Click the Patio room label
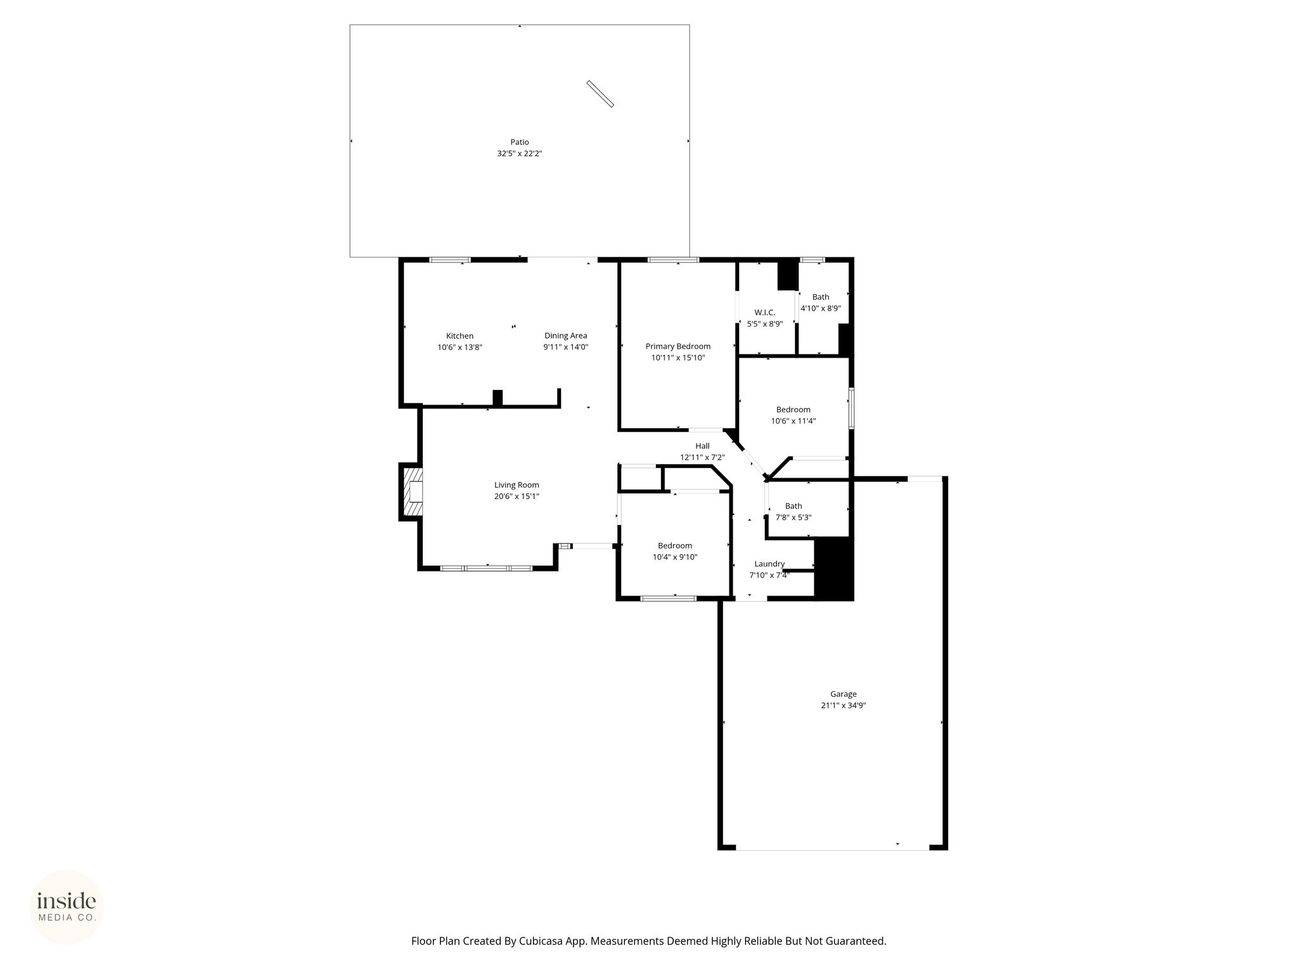pyautogui.click(x=520, y=142)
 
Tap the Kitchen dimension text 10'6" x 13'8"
pyautogui.click(x=459, y=347)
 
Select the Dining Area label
pyautogui.click(x=565, y=335)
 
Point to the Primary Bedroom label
pyautogui.click(x=678, y=346)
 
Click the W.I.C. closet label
pyautogui.click(x=764, y=313)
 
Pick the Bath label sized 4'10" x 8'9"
pyautogui.click(x=820, y=297)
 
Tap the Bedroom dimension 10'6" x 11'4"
pyautogui.click(x=793, y=421)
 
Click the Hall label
pyautogui.click(x=702, y=446)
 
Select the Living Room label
pyautogui.click(x=517, y=485)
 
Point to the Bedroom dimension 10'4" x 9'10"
pyautogui.click(x=675, y=557)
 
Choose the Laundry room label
pyautogui.click(x=769, y=564)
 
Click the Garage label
pyautogui.click(x=843, y=694)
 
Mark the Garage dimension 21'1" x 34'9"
pyautogui.click(x=843, y=705)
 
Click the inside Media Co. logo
pyautogui.click(x=67, y=907)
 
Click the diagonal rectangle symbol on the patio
pyautogui.click(x=600, y=94)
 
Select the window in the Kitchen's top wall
pyautogui.click(x=450, y=260)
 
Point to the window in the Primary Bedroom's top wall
pyautogui.click(x=673, y=260)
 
